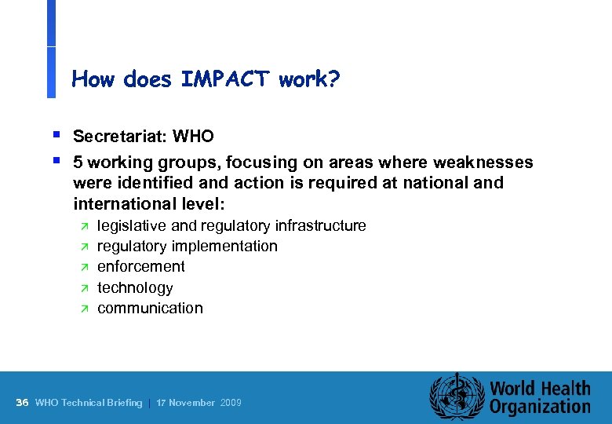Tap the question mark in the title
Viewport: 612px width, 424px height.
click(x=335, y=79)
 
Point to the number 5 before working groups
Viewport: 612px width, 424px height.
click(x=78, y=163)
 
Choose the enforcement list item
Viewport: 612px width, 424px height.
click(x=141, y=267)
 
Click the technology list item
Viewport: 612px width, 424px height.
click(x=135, y=288)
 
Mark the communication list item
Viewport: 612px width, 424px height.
click(x=150, y=309)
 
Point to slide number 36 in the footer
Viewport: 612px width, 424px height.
click(x=22, y=403)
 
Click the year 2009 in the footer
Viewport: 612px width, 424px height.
click(x=231, y=403)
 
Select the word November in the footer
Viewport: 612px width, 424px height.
click(x=192, y=403)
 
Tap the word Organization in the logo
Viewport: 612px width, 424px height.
click(x=539, y=407)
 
